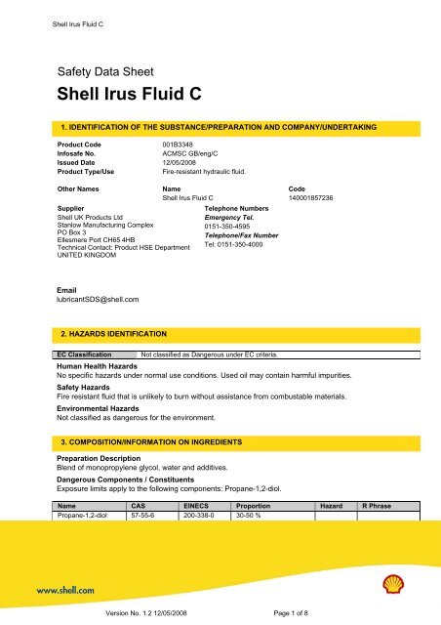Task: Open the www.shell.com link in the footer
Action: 66,591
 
